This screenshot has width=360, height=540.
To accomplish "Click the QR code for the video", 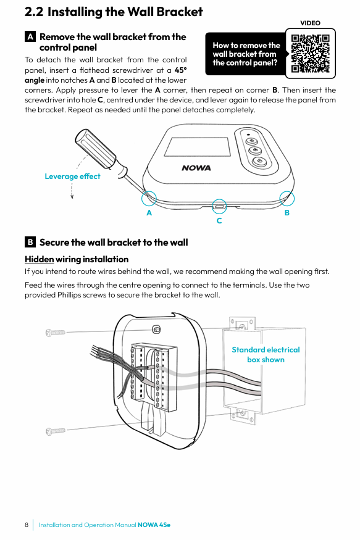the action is click(310, 53).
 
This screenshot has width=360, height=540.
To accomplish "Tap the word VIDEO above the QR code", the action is click(310, 23).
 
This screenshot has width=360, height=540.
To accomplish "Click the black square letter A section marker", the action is click(30, 36).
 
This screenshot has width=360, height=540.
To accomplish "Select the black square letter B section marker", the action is click(30, 242).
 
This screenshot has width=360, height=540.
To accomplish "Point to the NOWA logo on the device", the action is click(196, 168).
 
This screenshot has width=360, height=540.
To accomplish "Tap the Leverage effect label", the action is click(72, 177).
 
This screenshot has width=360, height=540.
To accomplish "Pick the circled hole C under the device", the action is click(219, 207).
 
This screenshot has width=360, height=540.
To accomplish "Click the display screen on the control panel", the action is click(197, 147).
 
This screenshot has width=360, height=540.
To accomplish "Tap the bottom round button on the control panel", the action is click(260, 161).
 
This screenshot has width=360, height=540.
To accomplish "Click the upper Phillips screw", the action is click(56, 333).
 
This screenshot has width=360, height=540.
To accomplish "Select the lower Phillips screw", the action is click(56, 431).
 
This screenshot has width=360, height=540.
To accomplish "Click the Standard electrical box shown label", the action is click(266, 355).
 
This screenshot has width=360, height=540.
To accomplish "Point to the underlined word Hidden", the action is click(40, 259).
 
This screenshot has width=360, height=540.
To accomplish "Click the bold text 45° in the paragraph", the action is click(180, 70).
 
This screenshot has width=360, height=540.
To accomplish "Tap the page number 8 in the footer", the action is click(27, 525).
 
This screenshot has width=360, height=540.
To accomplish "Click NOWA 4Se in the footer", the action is click(154, 525).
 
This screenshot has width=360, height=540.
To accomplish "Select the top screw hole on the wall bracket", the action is click(156, 330).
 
